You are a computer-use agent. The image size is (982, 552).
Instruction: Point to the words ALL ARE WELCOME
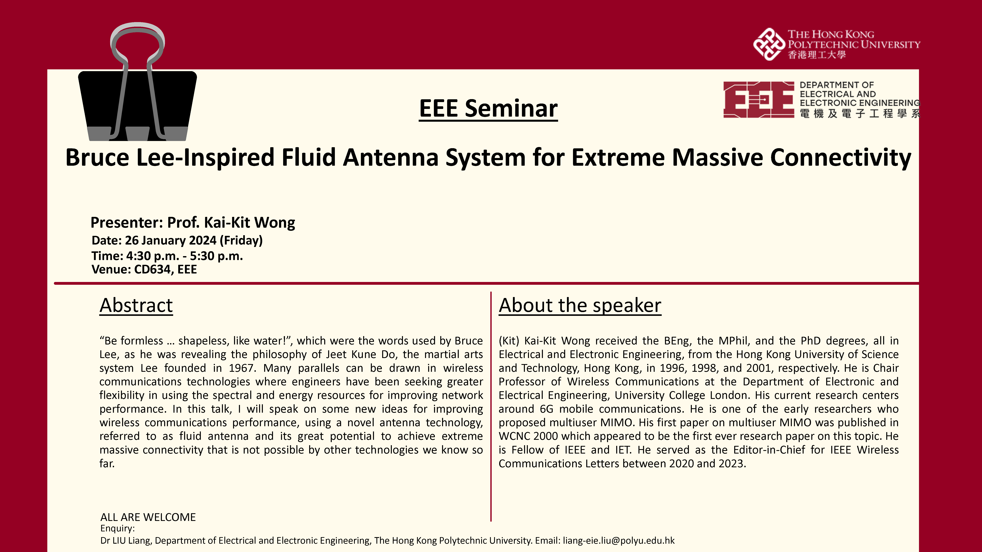[148, 517]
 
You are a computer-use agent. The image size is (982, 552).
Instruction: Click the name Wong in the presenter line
[274, 222]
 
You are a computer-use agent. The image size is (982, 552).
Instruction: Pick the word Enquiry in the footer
[117, 528]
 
